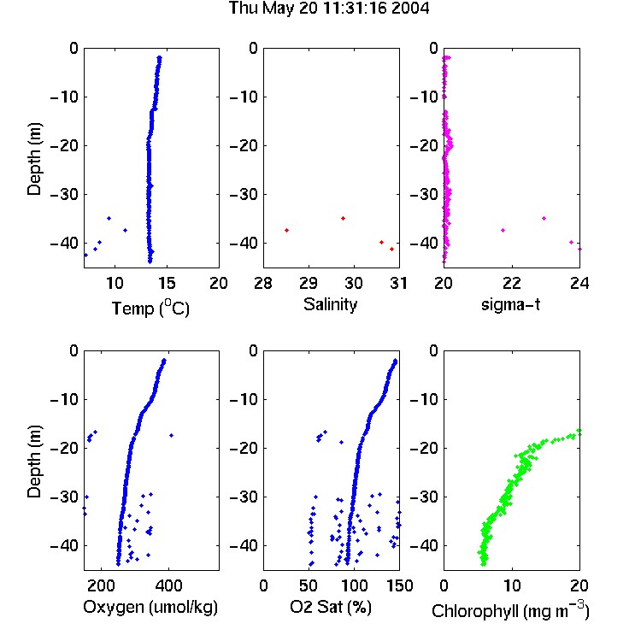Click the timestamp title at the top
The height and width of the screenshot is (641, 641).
point(329,9)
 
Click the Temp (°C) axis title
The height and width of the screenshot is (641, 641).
point(150,308)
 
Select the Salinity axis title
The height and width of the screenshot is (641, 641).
point(330,305)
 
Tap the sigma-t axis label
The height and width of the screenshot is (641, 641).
point(510,304)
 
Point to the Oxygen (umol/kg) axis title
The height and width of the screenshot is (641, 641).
point(150,608)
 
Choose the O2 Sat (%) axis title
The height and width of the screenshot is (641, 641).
point(330,607)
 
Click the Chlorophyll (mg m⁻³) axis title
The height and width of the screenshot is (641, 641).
point(510,610)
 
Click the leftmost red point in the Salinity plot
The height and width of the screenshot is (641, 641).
point(286,231)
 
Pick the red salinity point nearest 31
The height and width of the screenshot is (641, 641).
point(391,249)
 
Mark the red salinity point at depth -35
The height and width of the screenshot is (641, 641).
point(343,218)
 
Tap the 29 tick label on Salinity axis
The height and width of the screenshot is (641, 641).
point(309,283)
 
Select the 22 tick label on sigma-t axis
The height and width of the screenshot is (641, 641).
point(511,283)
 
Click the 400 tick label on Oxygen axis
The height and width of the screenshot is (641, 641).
point(169,585)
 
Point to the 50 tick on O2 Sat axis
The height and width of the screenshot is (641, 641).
point(309,585)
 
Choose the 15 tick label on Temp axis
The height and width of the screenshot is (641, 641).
point(167,283)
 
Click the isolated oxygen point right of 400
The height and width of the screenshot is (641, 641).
point(171,435)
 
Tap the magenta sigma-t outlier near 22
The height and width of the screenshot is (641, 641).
point(503,231)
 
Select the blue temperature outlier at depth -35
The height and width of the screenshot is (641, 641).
point(109,218)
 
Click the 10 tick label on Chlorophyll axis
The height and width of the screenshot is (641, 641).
point(511,585)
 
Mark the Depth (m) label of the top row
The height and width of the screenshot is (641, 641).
point(34,159)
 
